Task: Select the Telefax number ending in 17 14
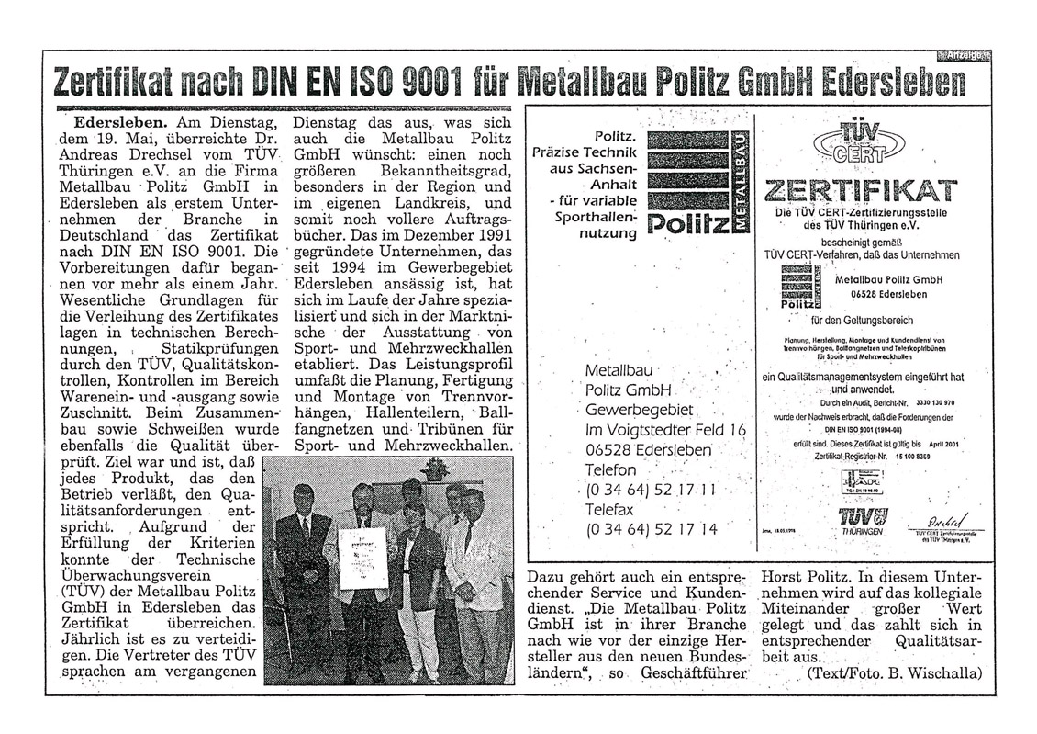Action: point(651,529)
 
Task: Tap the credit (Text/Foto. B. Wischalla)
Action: point(892,672)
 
